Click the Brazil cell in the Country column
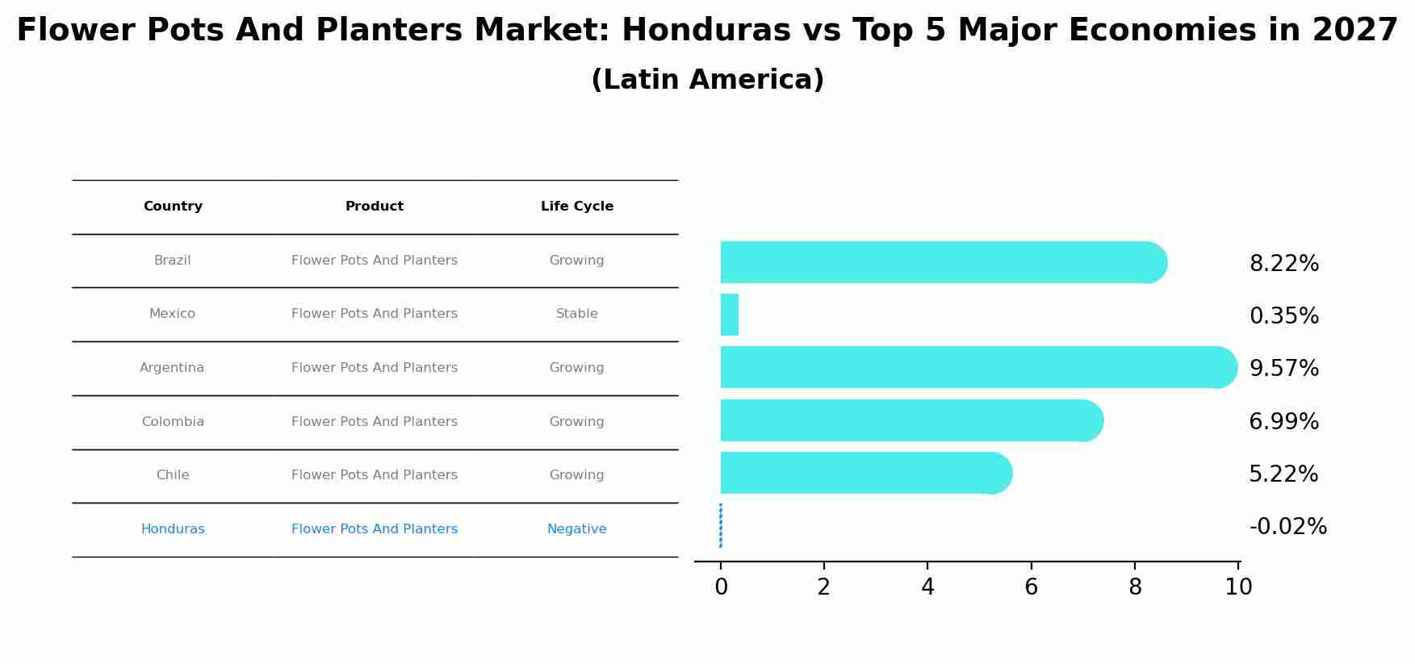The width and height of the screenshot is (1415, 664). pos(172,261)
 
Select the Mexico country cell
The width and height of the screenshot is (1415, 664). pos(172,314)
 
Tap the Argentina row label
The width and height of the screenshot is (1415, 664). pos(172,368)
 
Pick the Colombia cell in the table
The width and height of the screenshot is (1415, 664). pos(173,422)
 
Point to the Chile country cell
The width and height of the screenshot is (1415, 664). pos(173,475)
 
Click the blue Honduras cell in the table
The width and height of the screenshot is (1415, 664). pos(173,529)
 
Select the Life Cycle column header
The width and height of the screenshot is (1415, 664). pos(576,207)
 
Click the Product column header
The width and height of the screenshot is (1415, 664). pos(375,207)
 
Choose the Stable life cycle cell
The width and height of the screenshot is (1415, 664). pos(576,314)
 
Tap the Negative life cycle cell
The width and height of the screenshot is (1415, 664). pos(576,529)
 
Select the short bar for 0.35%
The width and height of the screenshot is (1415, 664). pos(729,315)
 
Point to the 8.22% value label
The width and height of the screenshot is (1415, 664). pos(1283,264)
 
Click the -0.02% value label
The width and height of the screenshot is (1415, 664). pos(1287,527)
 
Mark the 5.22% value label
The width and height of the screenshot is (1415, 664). pos(1283,474)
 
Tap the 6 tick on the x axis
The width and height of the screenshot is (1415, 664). pos(1031,587)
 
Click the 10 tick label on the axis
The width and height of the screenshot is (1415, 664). pos(1238,587)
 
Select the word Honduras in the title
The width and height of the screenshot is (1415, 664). pos(705,31)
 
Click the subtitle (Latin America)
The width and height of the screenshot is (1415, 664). pos(707,80)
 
